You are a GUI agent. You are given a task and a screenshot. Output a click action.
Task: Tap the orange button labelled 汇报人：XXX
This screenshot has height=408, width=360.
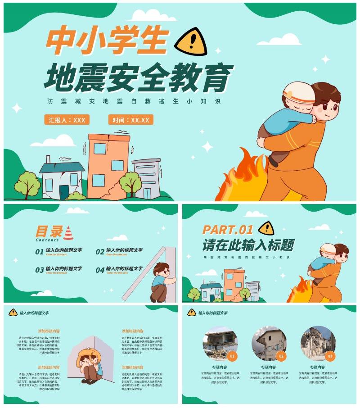click(x=67, y=120)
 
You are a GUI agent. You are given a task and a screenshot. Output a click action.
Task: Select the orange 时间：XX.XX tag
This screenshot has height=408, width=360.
click(x=131, y=120)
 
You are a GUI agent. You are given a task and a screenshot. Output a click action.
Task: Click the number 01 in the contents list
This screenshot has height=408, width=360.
click(x=40, y=252)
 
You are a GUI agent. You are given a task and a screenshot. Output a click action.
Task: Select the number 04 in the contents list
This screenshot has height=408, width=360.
click(x=100, y=270)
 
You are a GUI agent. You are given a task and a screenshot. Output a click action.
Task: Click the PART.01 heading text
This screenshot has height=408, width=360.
click(x=228, y=230)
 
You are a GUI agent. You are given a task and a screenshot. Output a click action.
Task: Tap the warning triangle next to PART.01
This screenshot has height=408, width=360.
click(x=266, y=228)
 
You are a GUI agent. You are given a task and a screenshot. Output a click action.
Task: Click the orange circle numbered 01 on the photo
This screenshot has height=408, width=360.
click(x=232, y=356)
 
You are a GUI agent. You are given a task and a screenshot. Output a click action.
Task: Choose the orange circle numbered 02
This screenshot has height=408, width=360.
click(x=281, y=356)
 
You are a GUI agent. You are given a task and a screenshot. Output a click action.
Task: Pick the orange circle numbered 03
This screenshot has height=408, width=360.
click(x=330, y=356)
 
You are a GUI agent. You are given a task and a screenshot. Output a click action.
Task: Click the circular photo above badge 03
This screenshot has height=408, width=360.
click(x=318, y=341)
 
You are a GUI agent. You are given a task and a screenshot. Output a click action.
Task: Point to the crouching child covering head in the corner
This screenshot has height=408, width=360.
click(x=90, y=365)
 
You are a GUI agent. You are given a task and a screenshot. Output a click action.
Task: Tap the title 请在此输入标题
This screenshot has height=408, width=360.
click(x=248, y=245)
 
